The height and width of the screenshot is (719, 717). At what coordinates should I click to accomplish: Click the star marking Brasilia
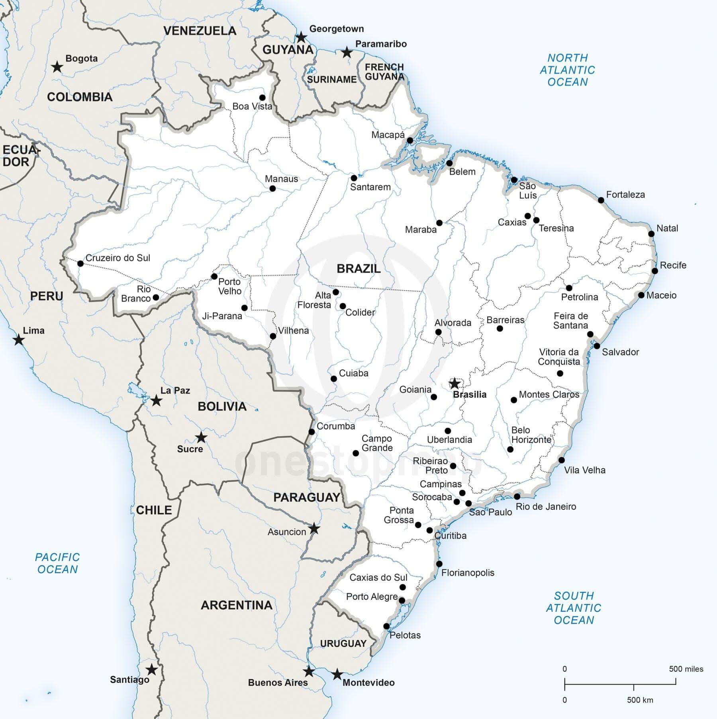click(454, 384)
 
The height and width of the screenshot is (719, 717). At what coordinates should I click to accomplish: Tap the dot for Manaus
click(272, 188)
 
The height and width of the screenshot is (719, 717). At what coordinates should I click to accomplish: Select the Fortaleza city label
click(625, 195)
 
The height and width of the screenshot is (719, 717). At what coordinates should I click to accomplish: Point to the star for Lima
click(18, 340)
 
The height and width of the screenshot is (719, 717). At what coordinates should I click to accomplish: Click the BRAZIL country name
click(358, 268)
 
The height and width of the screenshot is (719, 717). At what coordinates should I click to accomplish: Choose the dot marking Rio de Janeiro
click(517, 497)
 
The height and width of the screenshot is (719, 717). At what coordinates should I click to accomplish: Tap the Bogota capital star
click(57, 67)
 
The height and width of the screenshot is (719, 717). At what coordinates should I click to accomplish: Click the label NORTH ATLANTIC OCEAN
click(567, 70)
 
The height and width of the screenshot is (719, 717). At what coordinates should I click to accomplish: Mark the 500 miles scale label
click(686, 669)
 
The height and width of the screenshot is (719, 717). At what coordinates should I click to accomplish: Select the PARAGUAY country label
click(307, 497)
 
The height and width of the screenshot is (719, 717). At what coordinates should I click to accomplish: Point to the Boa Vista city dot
click(262, 98)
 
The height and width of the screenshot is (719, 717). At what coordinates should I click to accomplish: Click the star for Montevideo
click(337, 674)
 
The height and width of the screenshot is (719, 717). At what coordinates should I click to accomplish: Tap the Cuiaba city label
click(353, 373)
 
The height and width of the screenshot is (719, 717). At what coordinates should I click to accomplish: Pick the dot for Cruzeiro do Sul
click(80, 263)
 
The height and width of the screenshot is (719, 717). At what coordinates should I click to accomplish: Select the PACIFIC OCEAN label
click(57, 563)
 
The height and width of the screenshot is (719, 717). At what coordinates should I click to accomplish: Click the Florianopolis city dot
click(439, 564)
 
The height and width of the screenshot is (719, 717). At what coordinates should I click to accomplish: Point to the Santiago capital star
click(151, 670)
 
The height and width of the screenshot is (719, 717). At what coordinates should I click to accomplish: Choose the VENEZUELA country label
click(200, 31)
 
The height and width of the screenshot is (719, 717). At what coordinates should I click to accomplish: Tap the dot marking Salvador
click(597, 346)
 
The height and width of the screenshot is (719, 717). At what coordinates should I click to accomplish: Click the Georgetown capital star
click(302, 38)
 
